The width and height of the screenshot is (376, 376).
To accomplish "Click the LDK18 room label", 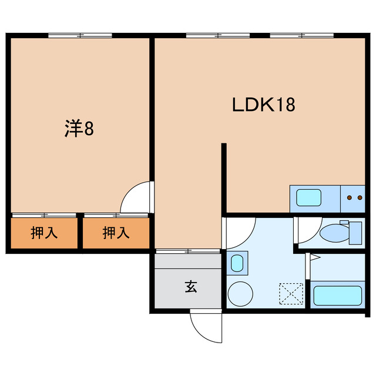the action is (264, 105).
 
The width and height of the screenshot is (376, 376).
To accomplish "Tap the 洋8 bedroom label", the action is (79, 128).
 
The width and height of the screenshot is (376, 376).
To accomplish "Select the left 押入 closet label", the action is (44, 233).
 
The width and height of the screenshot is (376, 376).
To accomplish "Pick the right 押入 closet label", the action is (116, 233).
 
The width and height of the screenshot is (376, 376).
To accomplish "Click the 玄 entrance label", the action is (191, 287).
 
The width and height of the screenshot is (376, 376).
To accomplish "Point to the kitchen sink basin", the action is (308, 197).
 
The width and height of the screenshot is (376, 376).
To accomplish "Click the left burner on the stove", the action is (350, 197).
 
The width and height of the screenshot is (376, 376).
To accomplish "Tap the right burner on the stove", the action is (360, 197).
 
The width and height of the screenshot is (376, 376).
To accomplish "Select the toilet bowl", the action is (334, 233).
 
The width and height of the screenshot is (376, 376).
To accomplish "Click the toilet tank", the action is (355, 233).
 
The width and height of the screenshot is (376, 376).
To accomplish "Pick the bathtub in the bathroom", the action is (338, 296).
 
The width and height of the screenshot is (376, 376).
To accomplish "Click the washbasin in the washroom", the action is (237, 263).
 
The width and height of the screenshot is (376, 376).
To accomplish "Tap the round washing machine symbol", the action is (240, 294).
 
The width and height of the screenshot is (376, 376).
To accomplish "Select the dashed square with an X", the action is (291, 294).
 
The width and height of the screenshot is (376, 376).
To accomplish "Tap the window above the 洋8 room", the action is (80, 35).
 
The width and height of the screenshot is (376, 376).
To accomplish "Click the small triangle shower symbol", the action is (315, 257).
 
